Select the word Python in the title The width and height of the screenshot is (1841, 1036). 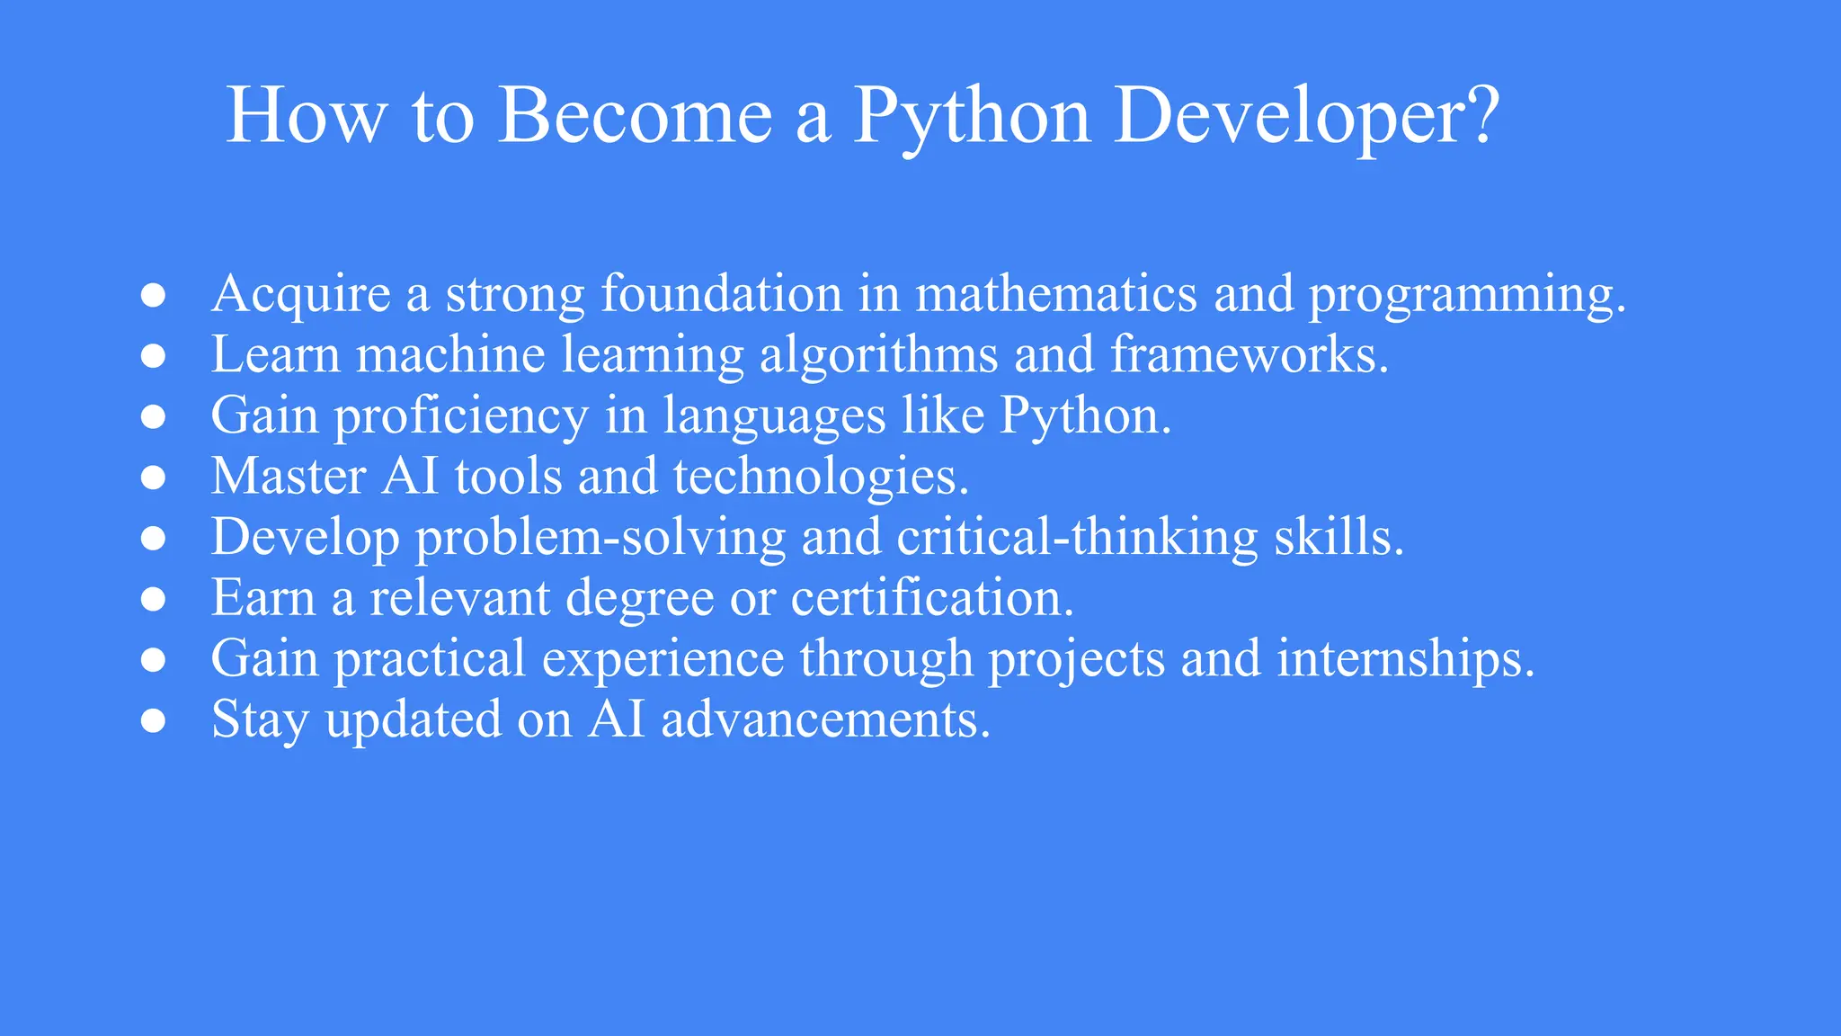pyautogui.click(x=971, y=117)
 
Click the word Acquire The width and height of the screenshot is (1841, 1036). pyautogui.click(x=301, y=295)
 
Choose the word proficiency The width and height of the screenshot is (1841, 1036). pyautogui.click(x=461, y=417)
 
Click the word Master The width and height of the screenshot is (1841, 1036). pyautogui.click(x=288, y=476)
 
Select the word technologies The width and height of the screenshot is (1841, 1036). pyautogui.click(x=821, y=478)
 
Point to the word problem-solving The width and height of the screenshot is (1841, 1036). pyautogui.click(x=600, y=538)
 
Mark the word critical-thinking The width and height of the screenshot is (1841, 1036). pyautogui.click(x=1077, y=538)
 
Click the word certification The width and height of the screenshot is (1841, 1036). pyautogui.click(x=932, y=598)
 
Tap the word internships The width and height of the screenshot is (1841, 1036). pyautogui.click(x=1405, y=659)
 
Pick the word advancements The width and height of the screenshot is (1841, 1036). pyautogui.click(x=825, y=720)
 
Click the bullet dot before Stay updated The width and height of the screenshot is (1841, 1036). pyautogui.click(x=154, y=720)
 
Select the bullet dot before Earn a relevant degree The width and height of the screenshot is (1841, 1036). pyautogui.click(x=154, y=599)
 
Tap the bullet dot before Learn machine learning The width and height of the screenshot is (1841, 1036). pyautogui.click(x=154, y=355)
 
